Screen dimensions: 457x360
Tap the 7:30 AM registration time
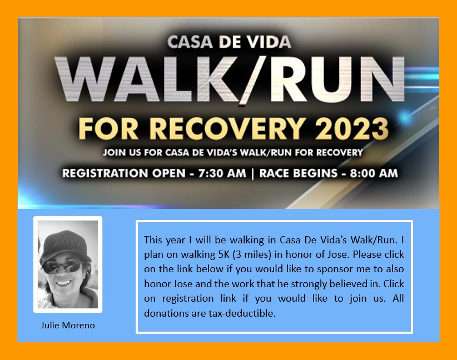click(x=222, y=173)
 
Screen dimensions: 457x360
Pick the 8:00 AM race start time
click(x=374, y=173)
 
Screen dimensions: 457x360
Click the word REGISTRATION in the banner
click(x=105, y=173)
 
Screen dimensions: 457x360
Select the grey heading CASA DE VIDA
click(x=229, y=42)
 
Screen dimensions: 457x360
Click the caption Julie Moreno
click(x=68, y=326)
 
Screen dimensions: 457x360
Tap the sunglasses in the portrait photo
click(x=62, y=267)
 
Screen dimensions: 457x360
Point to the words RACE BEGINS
click(x=299, y=173)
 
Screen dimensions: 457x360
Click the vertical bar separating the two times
click(x=252, y=173)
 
